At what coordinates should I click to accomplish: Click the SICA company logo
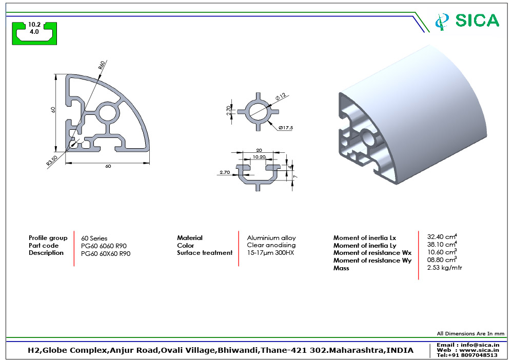466,21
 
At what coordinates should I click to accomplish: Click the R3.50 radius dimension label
52,161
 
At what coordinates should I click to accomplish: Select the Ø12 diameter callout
280,97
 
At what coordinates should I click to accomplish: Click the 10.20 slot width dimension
259,157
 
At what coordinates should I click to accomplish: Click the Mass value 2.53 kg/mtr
444,268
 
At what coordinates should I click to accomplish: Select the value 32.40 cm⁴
442,237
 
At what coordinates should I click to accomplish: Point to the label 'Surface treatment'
205,253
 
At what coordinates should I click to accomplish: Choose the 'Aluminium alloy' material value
271,238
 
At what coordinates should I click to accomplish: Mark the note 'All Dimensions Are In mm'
470,334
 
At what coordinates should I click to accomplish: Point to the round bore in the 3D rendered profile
368,137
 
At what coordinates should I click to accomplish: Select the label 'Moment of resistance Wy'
372,261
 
